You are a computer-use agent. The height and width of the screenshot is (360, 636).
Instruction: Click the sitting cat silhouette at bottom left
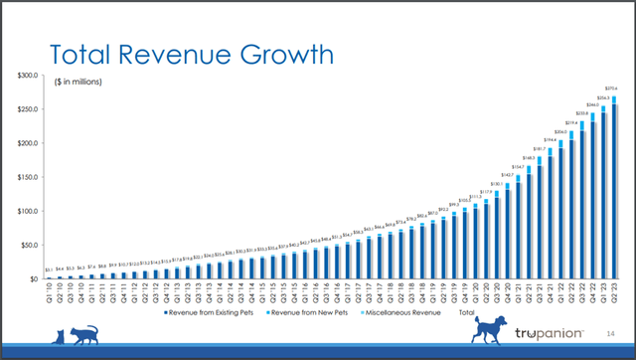click(59, 335)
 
